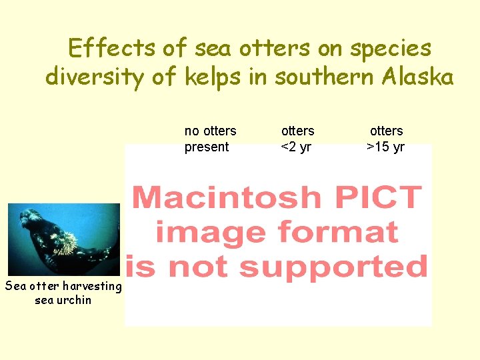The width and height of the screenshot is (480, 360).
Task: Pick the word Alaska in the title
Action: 417,77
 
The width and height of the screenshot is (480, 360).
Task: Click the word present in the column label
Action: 207,147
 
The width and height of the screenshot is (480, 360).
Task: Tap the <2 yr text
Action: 296,147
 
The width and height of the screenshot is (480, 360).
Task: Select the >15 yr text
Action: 386,147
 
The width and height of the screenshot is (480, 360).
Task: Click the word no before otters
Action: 192,131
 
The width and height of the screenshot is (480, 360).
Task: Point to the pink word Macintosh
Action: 227,197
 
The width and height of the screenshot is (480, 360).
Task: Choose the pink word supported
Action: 333,266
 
